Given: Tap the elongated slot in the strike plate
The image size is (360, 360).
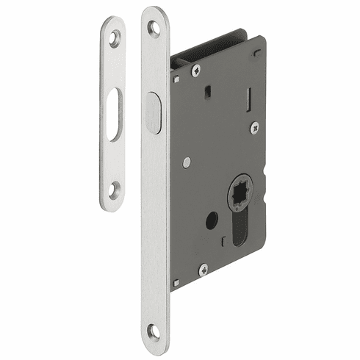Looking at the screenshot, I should click(x=114, y=115).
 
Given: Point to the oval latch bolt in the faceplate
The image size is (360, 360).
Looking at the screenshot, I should click(x=154, y=113).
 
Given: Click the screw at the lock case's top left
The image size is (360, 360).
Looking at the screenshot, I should click(x=195, y=71).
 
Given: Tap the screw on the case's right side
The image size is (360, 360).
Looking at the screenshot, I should click(x=253, y=127).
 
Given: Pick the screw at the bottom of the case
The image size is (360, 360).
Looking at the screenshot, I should click(x=204, y=269).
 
